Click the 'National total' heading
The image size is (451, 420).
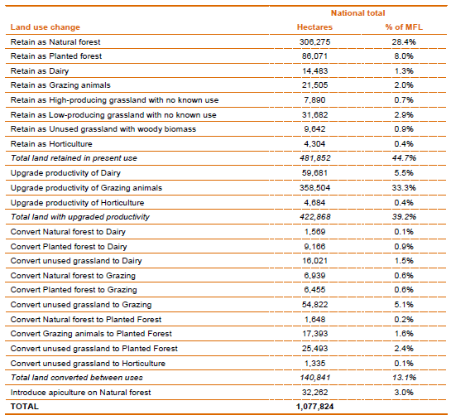tap(357, 13)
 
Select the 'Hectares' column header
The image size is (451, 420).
tap(314, 27)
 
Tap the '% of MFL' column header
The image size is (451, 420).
tap(404, 27)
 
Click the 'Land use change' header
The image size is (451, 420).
tap(46, 27)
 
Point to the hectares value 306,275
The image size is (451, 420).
tap(314, 42)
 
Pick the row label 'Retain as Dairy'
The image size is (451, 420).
tap(40, 70)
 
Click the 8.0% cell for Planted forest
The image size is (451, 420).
tap(404, 56)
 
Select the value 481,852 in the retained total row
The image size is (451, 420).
tap(315, 158)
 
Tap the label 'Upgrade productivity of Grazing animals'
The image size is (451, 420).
tap(86, 188)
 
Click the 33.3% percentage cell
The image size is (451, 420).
tap(404, 188)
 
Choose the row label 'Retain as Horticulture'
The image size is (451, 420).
tap(51, 143)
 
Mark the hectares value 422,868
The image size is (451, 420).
tap(315, 217)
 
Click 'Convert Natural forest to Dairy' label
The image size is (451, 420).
tap(68, 232)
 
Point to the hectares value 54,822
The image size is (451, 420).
tap(314, 305)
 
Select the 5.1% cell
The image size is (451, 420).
tap(404, 305)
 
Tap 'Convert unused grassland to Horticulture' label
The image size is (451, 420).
tap(88, 364)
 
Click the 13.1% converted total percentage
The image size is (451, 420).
tap(404, 378)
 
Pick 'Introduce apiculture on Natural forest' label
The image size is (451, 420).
tap(80, 393)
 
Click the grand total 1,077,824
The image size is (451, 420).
tap(314, 407)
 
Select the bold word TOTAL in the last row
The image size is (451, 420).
tap(25, 407)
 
